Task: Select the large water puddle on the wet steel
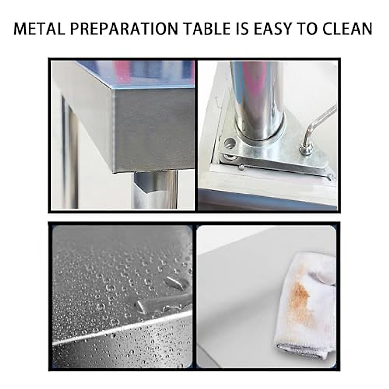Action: coord(162,303)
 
